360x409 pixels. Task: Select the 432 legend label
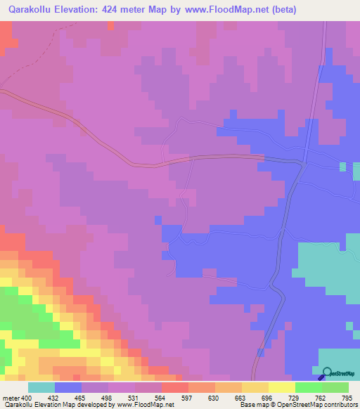pyautogui.click(x=55, y=398)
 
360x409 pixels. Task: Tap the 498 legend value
pyautogui.click(x=108, y=398)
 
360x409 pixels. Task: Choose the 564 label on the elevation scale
pyautogui.click(x=162, y=398)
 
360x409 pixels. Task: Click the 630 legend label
pyautogui.click(x=215, y=398)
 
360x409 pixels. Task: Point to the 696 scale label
pyautogui.click(x=269, y=398)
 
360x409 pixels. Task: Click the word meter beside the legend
pyautogui.click(x=11, y=398)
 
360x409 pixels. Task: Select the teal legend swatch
pyautogui.click(x=41, y=388)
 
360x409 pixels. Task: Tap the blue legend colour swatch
pyautogui.click(x=68, y=388)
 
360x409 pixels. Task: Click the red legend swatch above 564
pyautogui.click(x=175, y=388)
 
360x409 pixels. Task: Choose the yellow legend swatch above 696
pyautogui.click(x=255, y=388)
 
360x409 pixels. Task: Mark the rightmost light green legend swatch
pyautogui.click(x=335, y=388)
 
